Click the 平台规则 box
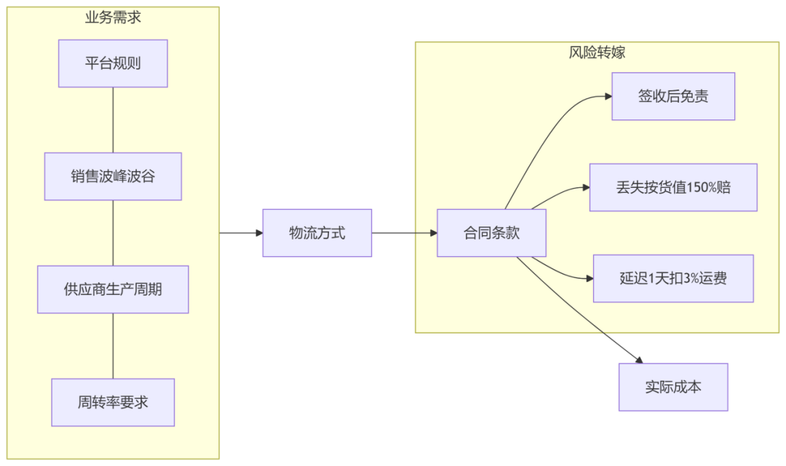click(113, 63)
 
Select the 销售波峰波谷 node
click(113, 176)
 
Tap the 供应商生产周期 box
click(113, 289)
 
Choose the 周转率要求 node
click(113, 402)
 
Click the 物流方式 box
click(317, 233)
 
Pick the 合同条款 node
click(491, 233)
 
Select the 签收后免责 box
click(672, 96)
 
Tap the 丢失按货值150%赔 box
click(672, 187)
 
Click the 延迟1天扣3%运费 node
click(672, 278)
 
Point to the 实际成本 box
click(672, 387)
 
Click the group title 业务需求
click(113, 17)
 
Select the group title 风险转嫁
click(597, 52)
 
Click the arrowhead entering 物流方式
click(258, 233)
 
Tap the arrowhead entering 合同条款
click(433, 233)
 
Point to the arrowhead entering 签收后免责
click(608, 96)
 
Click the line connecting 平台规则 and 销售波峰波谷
click(113, 120)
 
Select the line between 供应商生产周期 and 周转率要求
click(113, 346)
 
